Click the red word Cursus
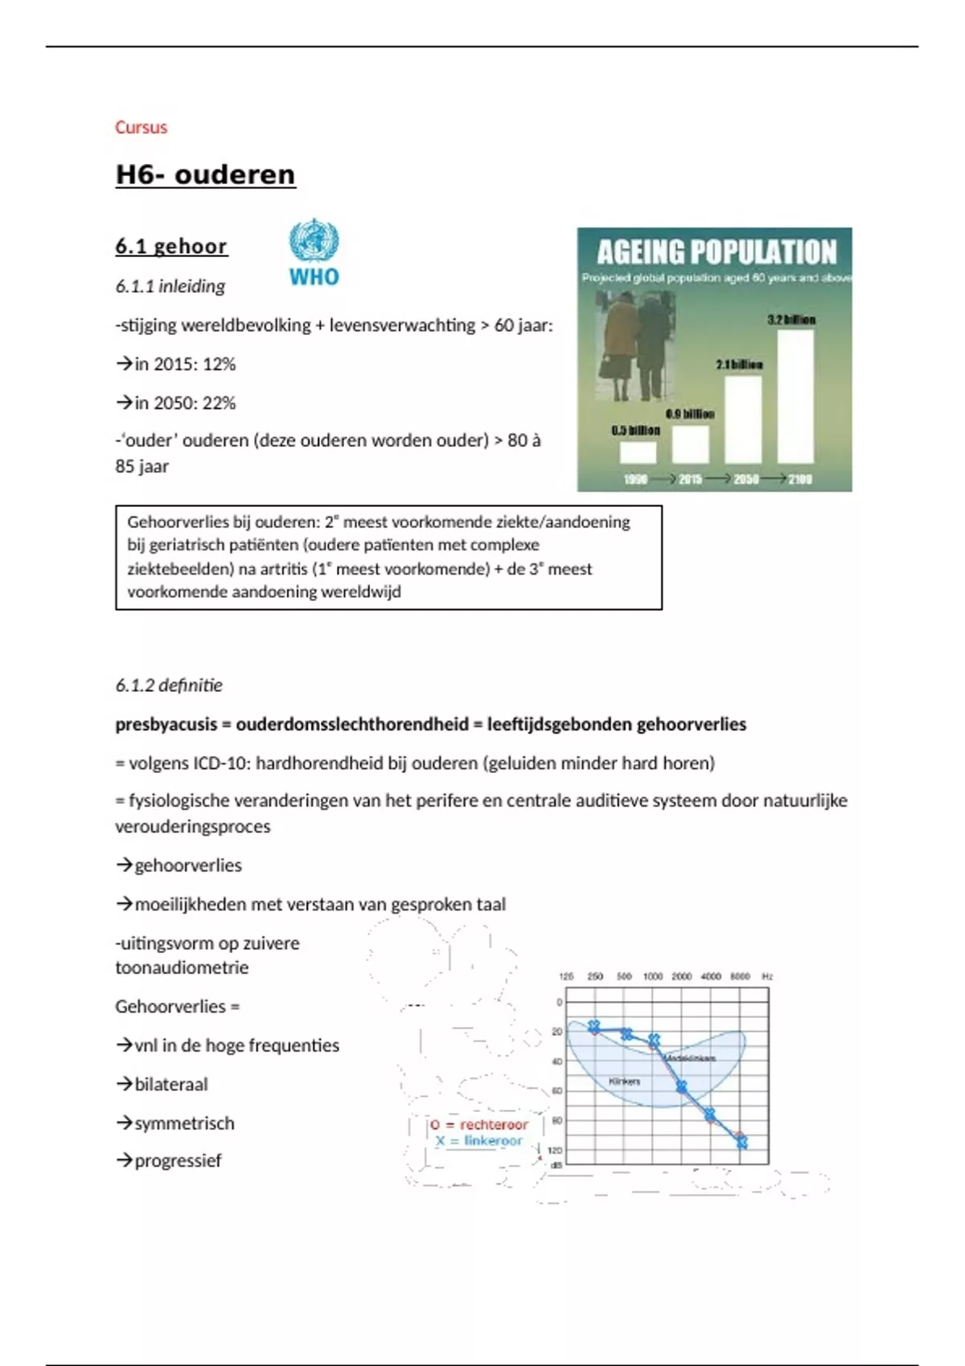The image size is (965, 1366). tap(141, 127)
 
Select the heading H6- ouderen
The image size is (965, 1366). tap(205, 174)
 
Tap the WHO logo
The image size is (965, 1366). tap(314, 252)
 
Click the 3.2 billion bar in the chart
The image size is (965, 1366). tap(795, 395)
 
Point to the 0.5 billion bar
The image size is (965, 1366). tap(638, 452)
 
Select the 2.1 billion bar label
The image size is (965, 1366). tap(739, 365)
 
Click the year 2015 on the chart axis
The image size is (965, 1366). tap(690, 479)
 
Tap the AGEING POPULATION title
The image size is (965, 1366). tap(716, 252)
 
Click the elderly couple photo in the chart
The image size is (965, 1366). tap(634, 346)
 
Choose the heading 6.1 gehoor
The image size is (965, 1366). tap(171, 246)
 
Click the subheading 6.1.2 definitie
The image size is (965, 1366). tap(169, 685)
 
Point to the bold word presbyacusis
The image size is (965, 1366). tap(166, 724)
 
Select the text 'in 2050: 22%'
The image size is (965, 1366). tap(185, 403)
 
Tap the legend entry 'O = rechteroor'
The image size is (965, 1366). tap(479, 1125)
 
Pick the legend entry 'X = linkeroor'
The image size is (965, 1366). tap(479, 1141)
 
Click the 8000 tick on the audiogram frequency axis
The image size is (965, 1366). tap(740, 976)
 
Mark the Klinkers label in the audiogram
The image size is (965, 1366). tap(625, 1082)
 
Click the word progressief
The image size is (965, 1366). tap(178, 1160)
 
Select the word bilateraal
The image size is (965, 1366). tap(171, 1084)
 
